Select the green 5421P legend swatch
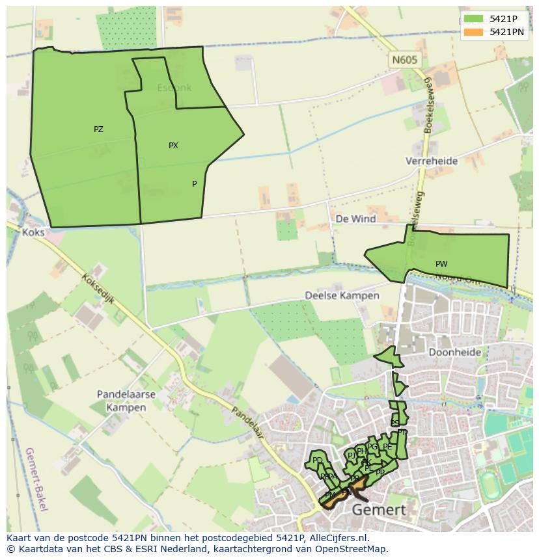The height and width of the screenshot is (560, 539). pos(473,19)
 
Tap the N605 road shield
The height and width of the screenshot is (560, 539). pos(404,60)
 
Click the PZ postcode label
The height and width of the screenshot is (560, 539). pos(98,129)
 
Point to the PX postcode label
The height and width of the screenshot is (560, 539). pos(173,146)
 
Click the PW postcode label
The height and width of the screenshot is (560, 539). pos(441,264)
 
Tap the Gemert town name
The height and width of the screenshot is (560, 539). pos(378,510)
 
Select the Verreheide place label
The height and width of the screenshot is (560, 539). pos(432,161)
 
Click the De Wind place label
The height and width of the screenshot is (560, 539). pos(355,219)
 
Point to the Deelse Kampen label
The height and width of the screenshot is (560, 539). pos(342,295)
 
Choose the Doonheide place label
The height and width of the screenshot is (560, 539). pos(455,352)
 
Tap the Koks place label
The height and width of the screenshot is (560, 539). pos(33,232)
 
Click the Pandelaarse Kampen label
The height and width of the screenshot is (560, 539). pos(126,401)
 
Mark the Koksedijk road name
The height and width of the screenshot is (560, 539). pos(98,288)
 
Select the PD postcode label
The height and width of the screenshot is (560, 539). pos(318,460)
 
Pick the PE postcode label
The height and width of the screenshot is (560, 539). pos(387,447)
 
